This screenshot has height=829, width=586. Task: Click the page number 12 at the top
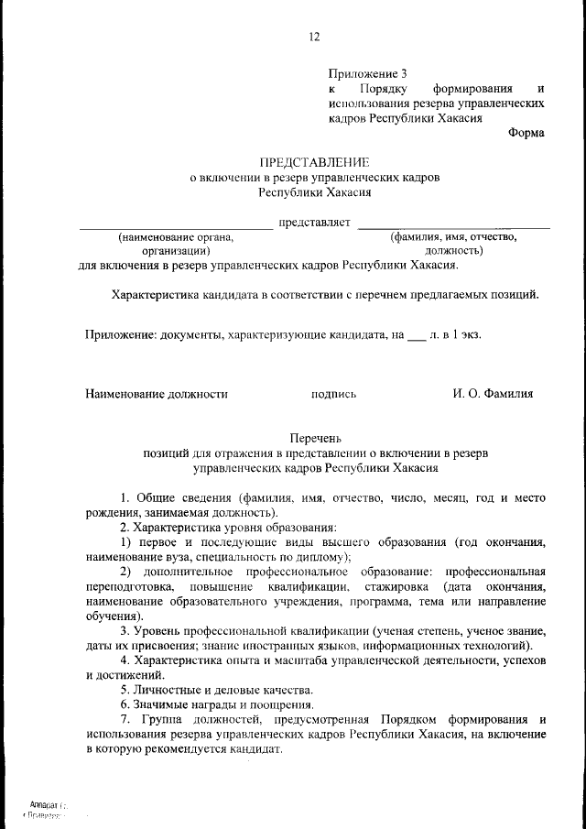tap(314, 38)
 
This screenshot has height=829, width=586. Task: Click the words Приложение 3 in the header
tap(365, 72)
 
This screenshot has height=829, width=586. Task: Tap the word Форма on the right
tap(526, 132)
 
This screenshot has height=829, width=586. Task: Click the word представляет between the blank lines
tap(315, 222)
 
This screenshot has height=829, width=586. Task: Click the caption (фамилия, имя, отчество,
tap(453, 236)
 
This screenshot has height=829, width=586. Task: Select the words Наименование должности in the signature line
tap(156, 394)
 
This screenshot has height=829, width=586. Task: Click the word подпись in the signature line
tap(333, 394)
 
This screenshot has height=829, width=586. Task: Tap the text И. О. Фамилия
tap(493, 394)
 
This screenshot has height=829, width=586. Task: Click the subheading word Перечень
tap(315, 439)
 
